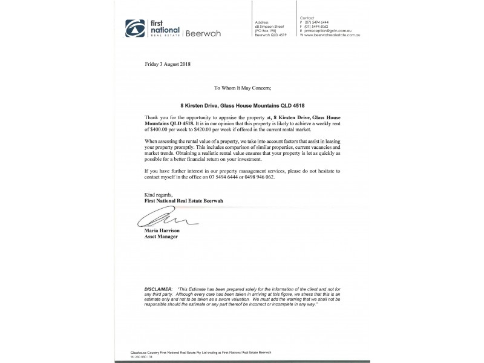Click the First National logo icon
(132, 28)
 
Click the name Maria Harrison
(162, 231)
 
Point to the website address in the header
(325, 34)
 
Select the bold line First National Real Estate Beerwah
(184, 200)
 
